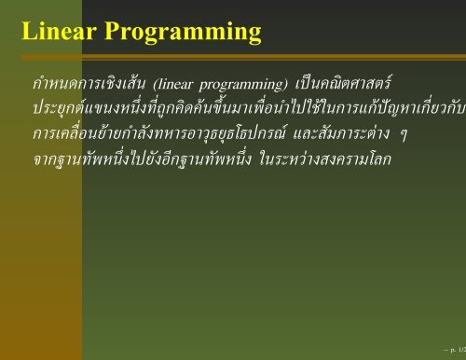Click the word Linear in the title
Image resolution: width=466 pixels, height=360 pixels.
(58, 34)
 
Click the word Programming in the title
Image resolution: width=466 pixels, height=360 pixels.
(184, 35)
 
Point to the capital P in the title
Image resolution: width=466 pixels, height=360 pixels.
(116, 34)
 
